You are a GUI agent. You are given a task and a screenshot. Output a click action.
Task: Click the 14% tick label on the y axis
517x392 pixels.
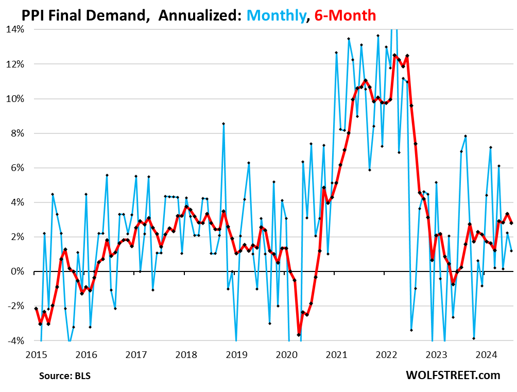click(x=15, y=29)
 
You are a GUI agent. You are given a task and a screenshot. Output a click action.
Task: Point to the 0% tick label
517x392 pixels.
click(x=18, y=271)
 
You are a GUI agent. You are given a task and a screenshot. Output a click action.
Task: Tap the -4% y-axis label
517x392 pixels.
click(x=16, y=340)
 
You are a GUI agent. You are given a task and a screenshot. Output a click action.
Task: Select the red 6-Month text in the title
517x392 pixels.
click(x=346, y=15)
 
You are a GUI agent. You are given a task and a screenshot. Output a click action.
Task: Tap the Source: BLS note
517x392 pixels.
click(x=64, y=376)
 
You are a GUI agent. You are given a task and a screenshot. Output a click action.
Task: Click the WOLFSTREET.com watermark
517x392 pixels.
click(x=453, y=375)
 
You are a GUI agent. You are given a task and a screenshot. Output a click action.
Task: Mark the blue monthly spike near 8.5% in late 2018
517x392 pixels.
click(x=223, y=124)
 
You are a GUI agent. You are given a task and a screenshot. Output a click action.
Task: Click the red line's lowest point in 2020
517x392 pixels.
click(x=299, y=334)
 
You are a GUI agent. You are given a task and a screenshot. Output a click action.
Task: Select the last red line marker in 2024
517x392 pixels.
click(x=511, y=223)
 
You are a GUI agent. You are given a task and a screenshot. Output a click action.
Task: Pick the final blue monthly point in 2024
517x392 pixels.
click(x=511, y=251)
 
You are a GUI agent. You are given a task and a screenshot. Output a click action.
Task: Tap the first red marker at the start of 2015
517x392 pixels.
click(x=36, y=308)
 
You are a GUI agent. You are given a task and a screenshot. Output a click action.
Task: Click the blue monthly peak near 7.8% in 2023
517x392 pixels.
click(x=466, y=136)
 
